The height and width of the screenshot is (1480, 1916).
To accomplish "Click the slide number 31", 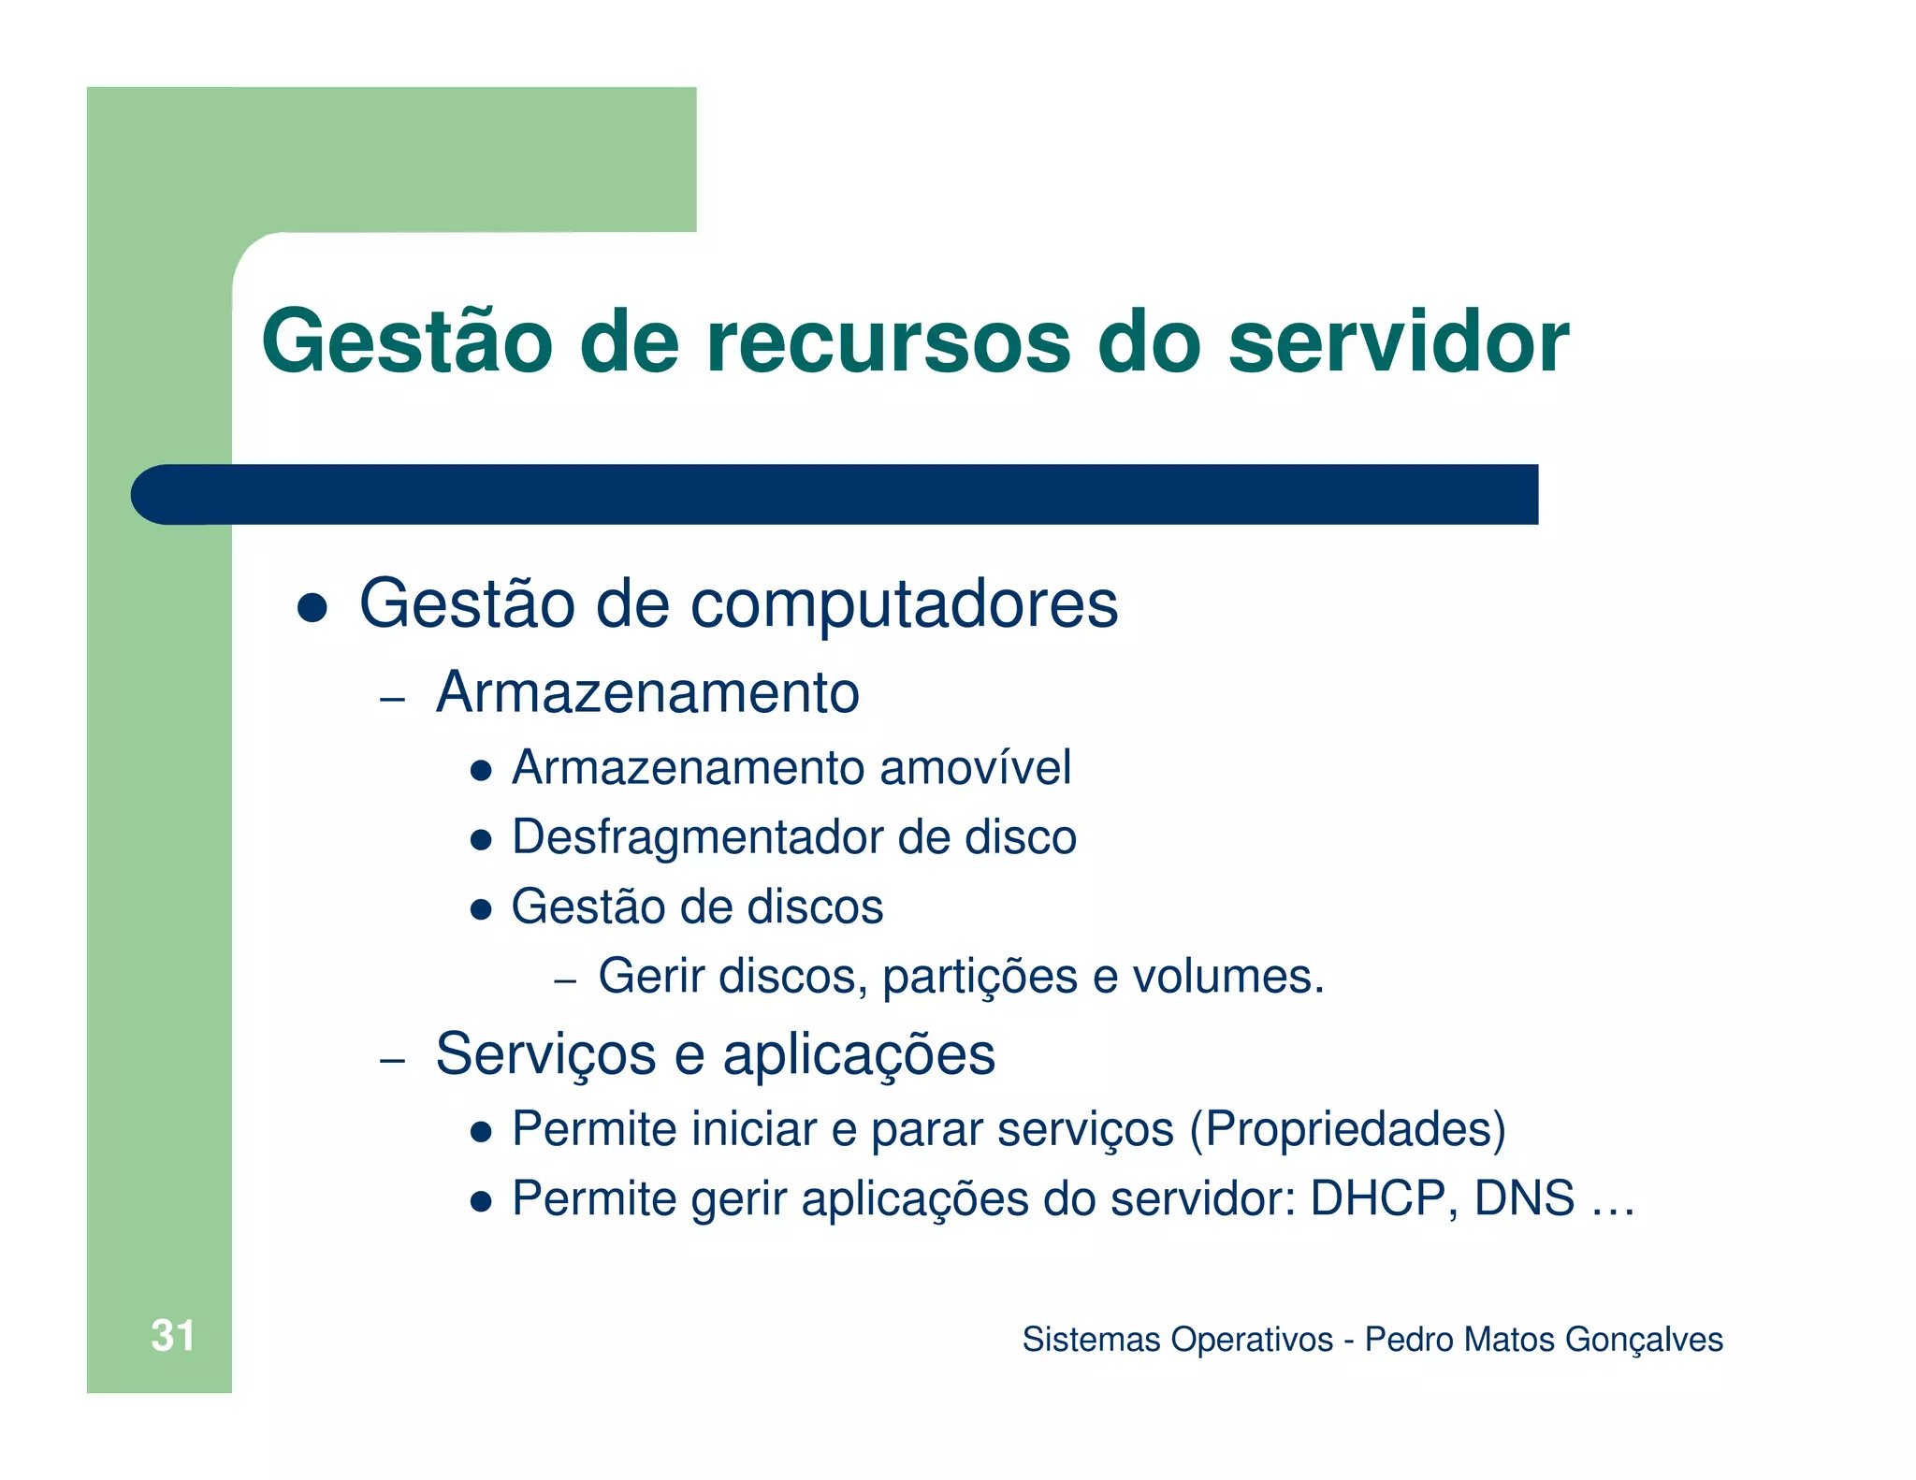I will click(x=172, y=1335).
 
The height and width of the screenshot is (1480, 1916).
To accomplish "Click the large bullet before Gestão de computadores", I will click(x=312, y=608).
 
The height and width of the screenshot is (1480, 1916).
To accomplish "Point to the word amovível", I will click(x=975, y=768).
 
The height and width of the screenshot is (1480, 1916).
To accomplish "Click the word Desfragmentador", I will click(x=698, y=837).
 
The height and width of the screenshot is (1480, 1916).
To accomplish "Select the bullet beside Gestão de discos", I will click(x=481, y=908).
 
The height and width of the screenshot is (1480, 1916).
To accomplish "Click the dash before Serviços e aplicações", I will click(x=393, y=1061).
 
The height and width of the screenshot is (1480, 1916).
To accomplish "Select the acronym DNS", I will click(x=1524, y=1198).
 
